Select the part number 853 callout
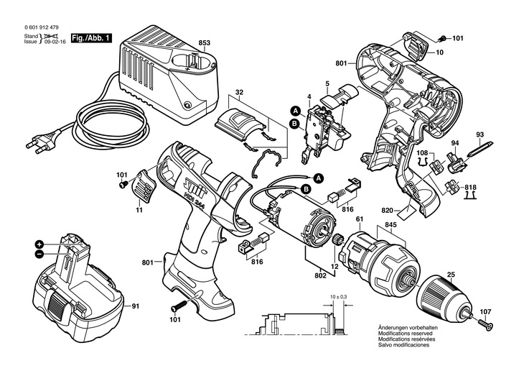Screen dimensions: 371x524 point(205,43)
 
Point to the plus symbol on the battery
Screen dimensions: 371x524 point(39,244)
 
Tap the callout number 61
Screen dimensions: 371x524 point(359,219)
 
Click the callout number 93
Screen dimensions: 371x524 point(479,135)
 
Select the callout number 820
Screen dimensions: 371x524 point(388,211)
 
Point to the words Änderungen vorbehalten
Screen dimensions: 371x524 point(407,328)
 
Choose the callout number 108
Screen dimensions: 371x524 point(423,152)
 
